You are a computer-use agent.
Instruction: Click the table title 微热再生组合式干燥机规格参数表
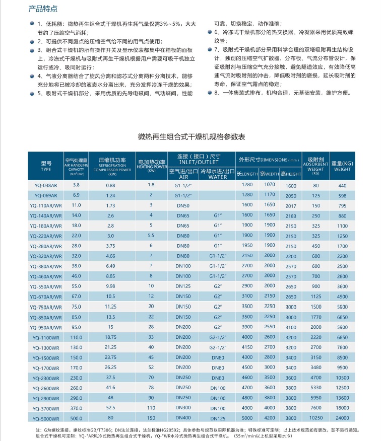tap(192, 136)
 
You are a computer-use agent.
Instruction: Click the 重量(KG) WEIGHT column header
tap(343, 166)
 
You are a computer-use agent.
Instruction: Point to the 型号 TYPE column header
tap(46, 166)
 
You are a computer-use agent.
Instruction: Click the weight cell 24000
tap(343, 418)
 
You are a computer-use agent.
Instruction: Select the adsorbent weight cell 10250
tap(316, 418)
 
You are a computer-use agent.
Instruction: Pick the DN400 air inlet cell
tap(183, 417)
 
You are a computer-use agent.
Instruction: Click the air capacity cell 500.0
tap(76, 418)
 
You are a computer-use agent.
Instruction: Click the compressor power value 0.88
tap(111, 185)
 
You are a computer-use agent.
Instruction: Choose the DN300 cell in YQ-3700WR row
tap(183, 408)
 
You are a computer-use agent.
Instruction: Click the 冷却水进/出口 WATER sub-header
tap(218, 174)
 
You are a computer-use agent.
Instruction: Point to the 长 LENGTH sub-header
tap(247, 174)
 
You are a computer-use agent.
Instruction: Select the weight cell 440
tap(343, 186)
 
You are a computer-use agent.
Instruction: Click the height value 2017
tap(291, 206)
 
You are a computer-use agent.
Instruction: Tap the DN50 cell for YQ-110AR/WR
tap(183, 205)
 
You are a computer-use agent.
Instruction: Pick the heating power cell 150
tap(151, 418)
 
